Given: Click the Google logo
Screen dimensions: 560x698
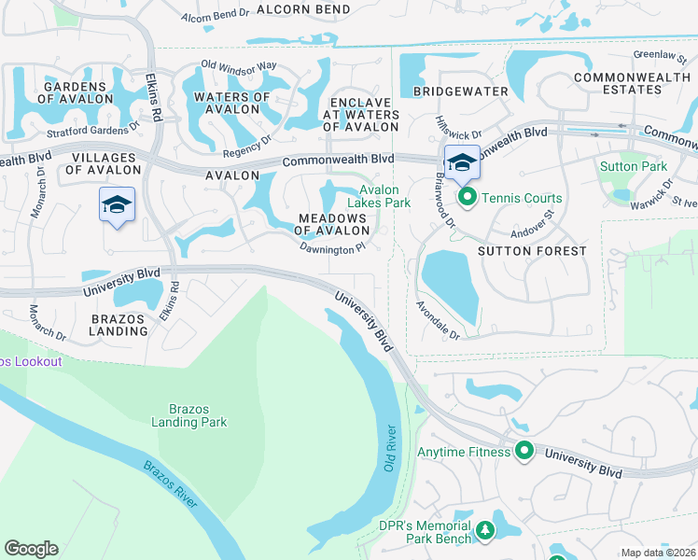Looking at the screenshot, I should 31,549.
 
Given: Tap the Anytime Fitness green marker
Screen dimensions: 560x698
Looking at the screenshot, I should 524,452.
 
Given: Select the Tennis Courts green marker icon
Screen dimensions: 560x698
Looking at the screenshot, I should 467,198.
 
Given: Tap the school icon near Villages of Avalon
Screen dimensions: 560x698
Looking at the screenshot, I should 117,205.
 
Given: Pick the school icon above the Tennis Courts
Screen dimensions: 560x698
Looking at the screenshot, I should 461,163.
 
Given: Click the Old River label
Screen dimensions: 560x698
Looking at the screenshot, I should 390,448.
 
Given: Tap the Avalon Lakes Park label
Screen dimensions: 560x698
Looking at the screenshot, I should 379,196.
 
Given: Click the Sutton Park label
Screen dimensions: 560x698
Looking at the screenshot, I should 633,166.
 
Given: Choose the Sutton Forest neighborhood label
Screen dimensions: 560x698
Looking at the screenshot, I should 532,251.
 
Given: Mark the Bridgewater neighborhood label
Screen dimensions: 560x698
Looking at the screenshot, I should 464,91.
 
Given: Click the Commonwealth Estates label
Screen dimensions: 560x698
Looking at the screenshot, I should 631,83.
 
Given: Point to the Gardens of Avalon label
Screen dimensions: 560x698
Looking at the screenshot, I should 85,92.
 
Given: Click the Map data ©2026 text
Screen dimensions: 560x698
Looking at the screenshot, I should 658,553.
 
